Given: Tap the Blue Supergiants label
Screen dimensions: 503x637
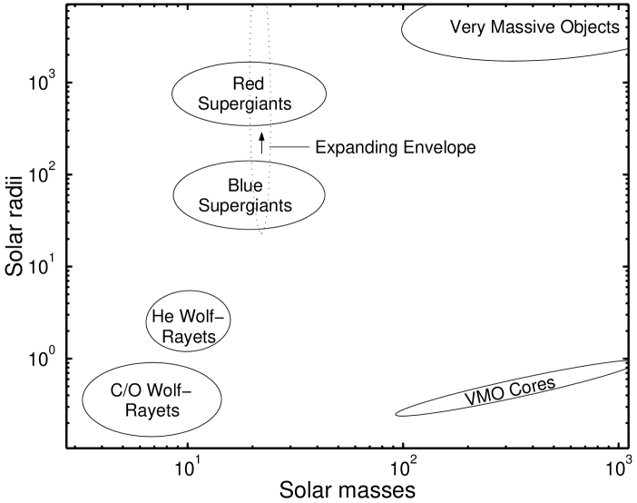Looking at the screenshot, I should (x=248, y=195).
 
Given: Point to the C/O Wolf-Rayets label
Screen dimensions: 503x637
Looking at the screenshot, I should (x=152, y=399).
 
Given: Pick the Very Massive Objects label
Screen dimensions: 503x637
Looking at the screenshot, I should (x=534, y=26).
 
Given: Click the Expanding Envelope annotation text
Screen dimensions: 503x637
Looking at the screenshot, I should (x=395, y=146).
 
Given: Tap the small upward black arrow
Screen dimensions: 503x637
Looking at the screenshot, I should (x=261, y=141).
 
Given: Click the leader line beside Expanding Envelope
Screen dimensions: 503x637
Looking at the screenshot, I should (x=289, y=146).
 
